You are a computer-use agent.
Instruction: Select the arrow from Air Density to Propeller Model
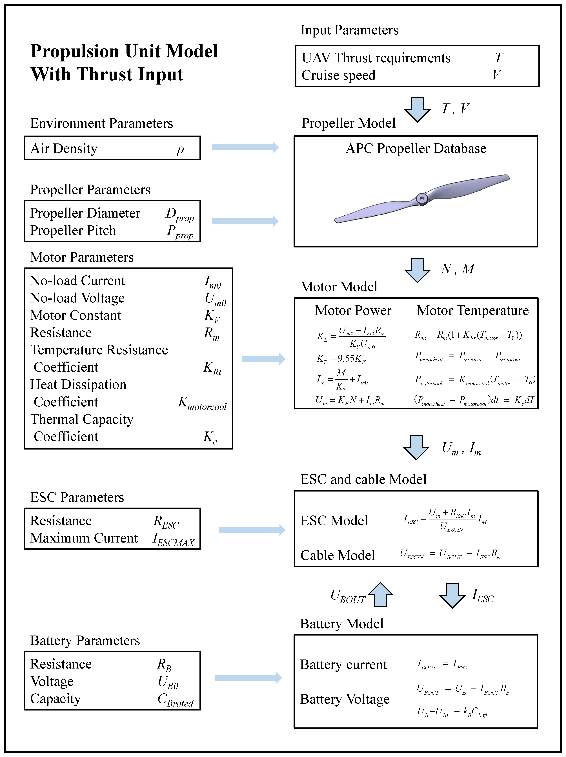(x=245, y=147)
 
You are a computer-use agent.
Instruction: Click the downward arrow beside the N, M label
(x=417, y=270)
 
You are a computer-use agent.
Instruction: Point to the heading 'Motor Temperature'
(x=473, y=310)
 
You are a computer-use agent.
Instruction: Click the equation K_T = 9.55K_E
(x=341, y=359)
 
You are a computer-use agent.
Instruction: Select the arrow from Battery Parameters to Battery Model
(x=248, y=678)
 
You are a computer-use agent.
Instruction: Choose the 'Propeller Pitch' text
(x=73, y=230)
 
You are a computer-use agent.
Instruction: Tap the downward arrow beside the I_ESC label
(x=452, y=596)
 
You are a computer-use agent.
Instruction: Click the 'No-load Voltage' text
(x=77, y=298)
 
